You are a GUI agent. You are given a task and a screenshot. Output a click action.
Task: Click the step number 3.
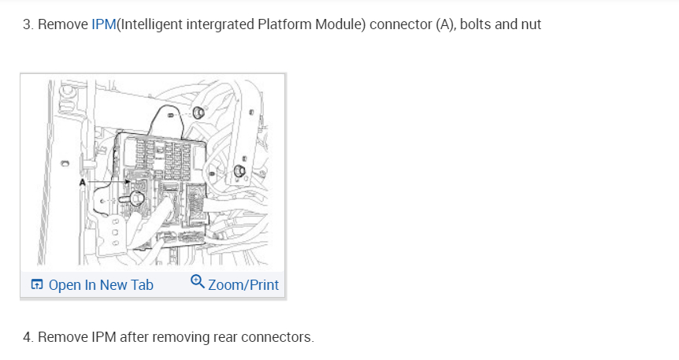(26, 24)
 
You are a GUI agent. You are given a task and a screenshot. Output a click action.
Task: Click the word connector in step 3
(398, 24)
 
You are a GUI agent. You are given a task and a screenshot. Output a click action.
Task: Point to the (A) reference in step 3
(443, 24)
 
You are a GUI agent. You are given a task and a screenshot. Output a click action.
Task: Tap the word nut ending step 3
(530, 24)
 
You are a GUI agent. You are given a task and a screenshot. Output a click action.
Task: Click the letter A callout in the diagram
(82, 181)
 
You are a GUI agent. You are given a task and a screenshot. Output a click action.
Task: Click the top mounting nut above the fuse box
(198, 113)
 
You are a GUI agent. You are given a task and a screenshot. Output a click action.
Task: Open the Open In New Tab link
(101, 284)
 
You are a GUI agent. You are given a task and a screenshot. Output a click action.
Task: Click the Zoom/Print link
(243, 284)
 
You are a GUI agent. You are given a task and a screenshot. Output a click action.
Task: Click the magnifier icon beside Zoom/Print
(198, 283)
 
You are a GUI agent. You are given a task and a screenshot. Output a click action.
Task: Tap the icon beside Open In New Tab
(37, 284)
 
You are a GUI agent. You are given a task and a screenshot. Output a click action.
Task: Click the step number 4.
(27, 337)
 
